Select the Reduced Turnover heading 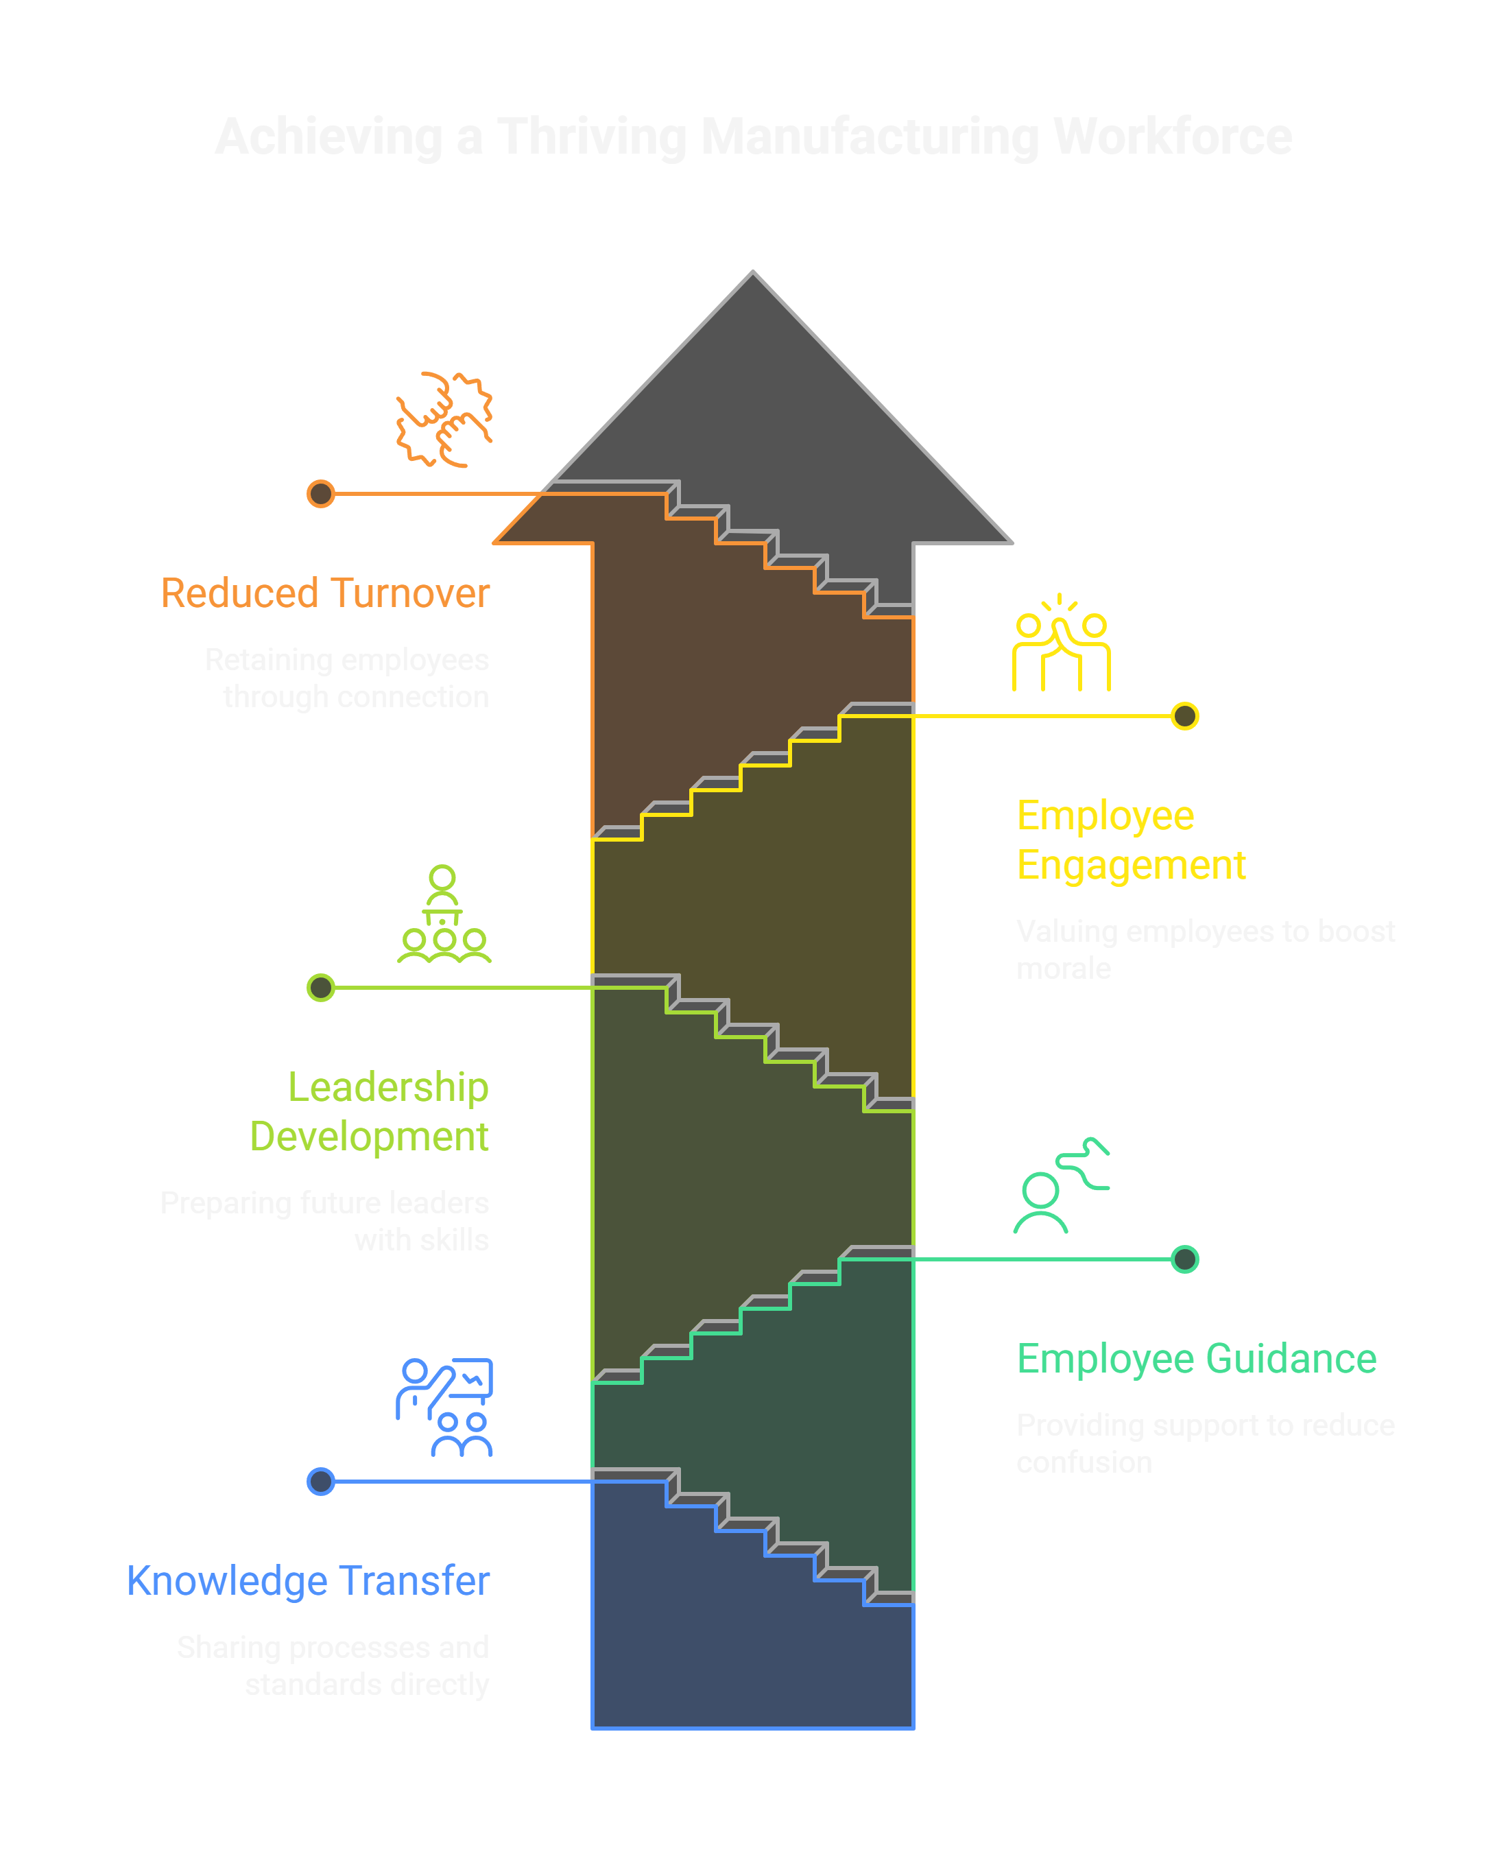pyautogui.click(x=325, y=593)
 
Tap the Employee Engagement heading pyautogui.click(x=1130, y=840)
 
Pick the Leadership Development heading pyautogui.click(x=370, y=1111)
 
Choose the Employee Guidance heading pyautogui.click(x=1196, y=1358)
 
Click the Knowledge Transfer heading pyautogui.click(x=308, y=1580)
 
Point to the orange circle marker pyautogui.click(x=321, y=494)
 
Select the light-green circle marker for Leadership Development pyautogui.click(x=321, y=987)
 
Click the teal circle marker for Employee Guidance pyautogui.click(x=1184, y=1259)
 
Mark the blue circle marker pyautogui.click(x=321, y=1482)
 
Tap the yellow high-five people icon pyautogui.click(x=1061, y=643)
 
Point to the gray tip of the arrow pyautogui.click(x=753, y=286)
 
